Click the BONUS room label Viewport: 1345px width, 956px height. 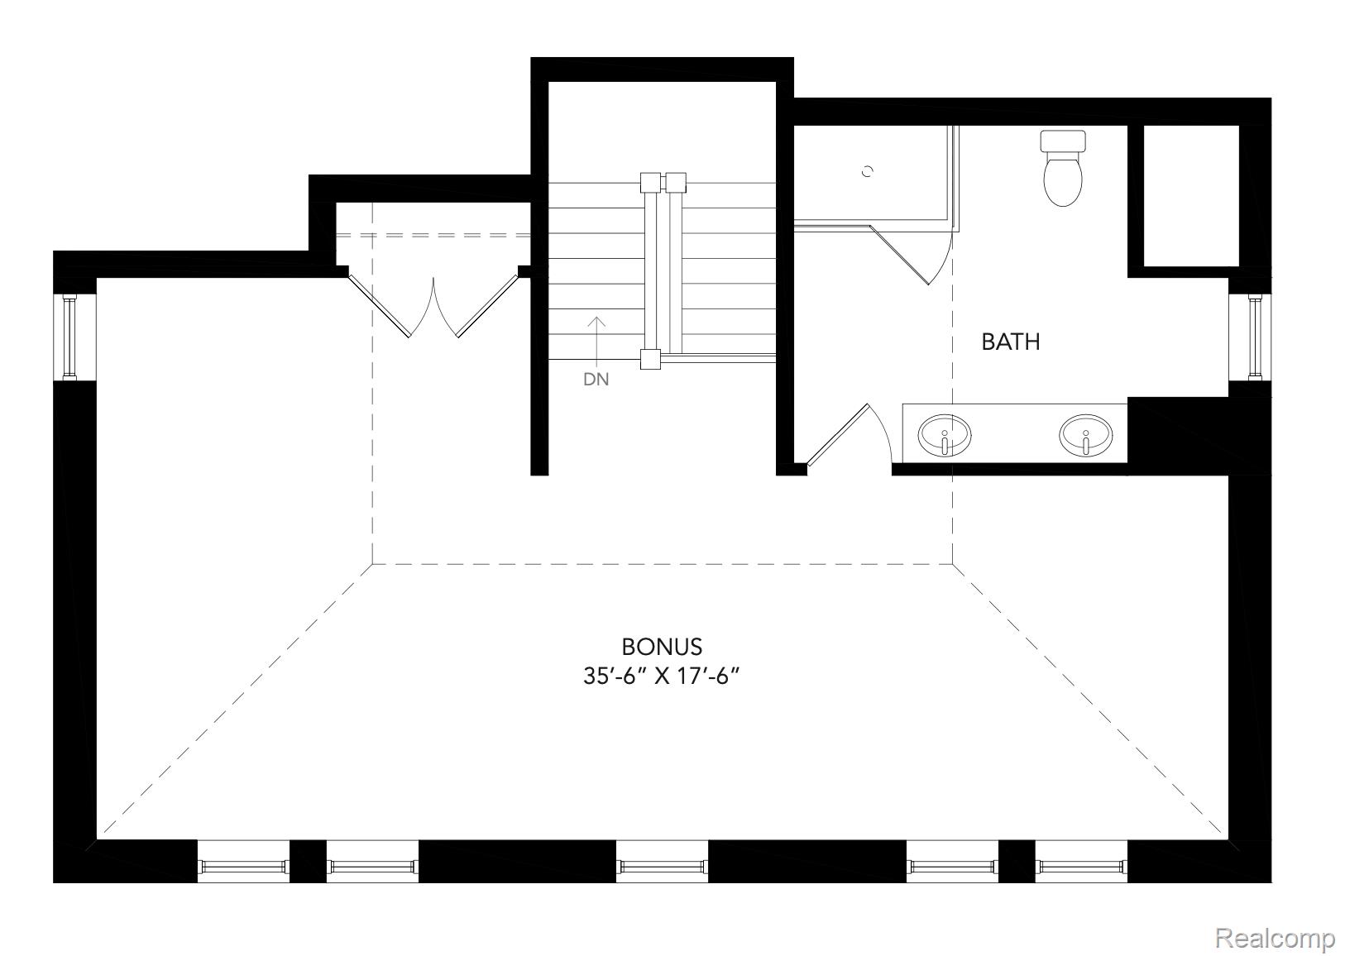point(662,646)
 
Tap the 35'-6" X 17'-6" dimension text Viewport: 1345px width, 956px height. point(660,676)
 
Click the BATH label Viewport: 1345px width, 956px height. point(1010,342)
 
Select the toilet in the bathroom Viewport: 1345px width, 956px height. point(1063,170)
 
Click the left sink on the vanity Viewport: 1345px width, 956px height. point(944,435)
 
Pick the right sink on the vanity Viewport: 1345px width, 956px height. point(1085,435)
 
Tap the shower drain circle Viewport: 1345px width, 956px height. point(868,171)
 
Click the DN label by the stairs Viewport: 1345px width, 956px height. point(596,380)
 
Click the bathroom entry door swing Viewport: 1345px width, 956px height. point(837,435)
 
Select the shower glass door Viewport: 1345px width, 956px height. point(902,253)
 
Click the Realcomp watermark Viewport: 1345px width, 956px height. point(1274,939)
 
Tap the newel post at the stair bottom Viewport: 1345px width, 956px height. point(650,359)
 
